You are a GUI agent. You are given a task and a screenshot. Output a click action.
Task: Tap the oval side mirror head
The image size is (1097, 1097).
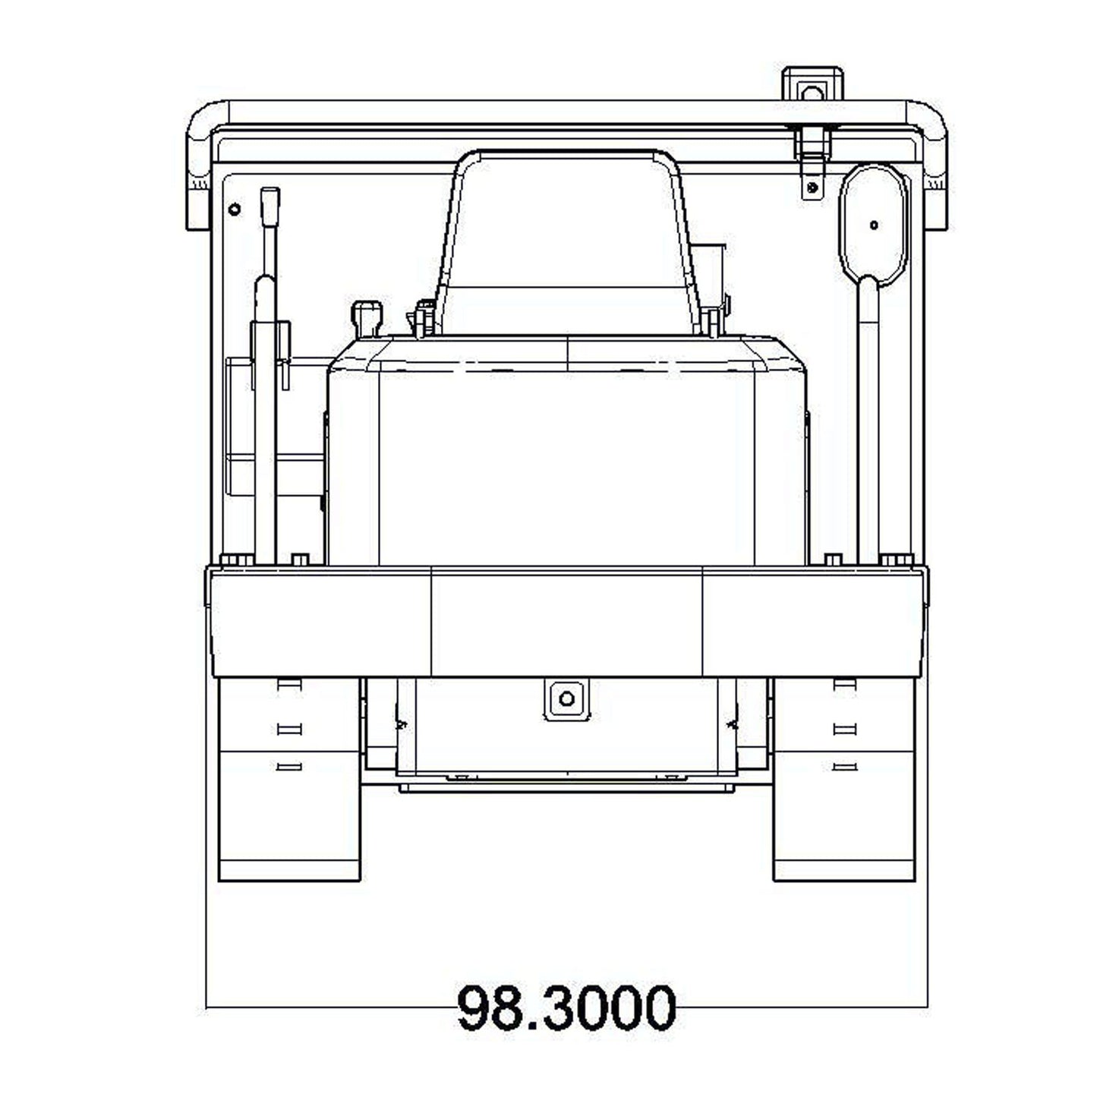873,224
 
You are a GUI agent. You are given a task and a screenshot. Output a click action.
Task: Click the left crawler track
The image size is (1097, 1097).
290,780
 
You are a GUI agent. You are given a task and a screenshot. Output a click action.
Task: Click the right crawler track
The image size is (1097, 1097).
844,780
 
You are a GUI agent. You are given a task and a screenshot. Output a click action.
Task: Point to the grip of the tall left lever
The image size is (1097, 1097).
270,207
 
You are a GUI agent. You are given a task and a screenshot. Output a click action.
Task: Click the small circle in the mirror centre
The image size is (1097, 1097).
874,225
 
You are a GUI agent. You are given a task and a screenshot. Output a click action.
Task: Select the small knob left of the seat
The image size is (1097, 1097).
367,317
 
